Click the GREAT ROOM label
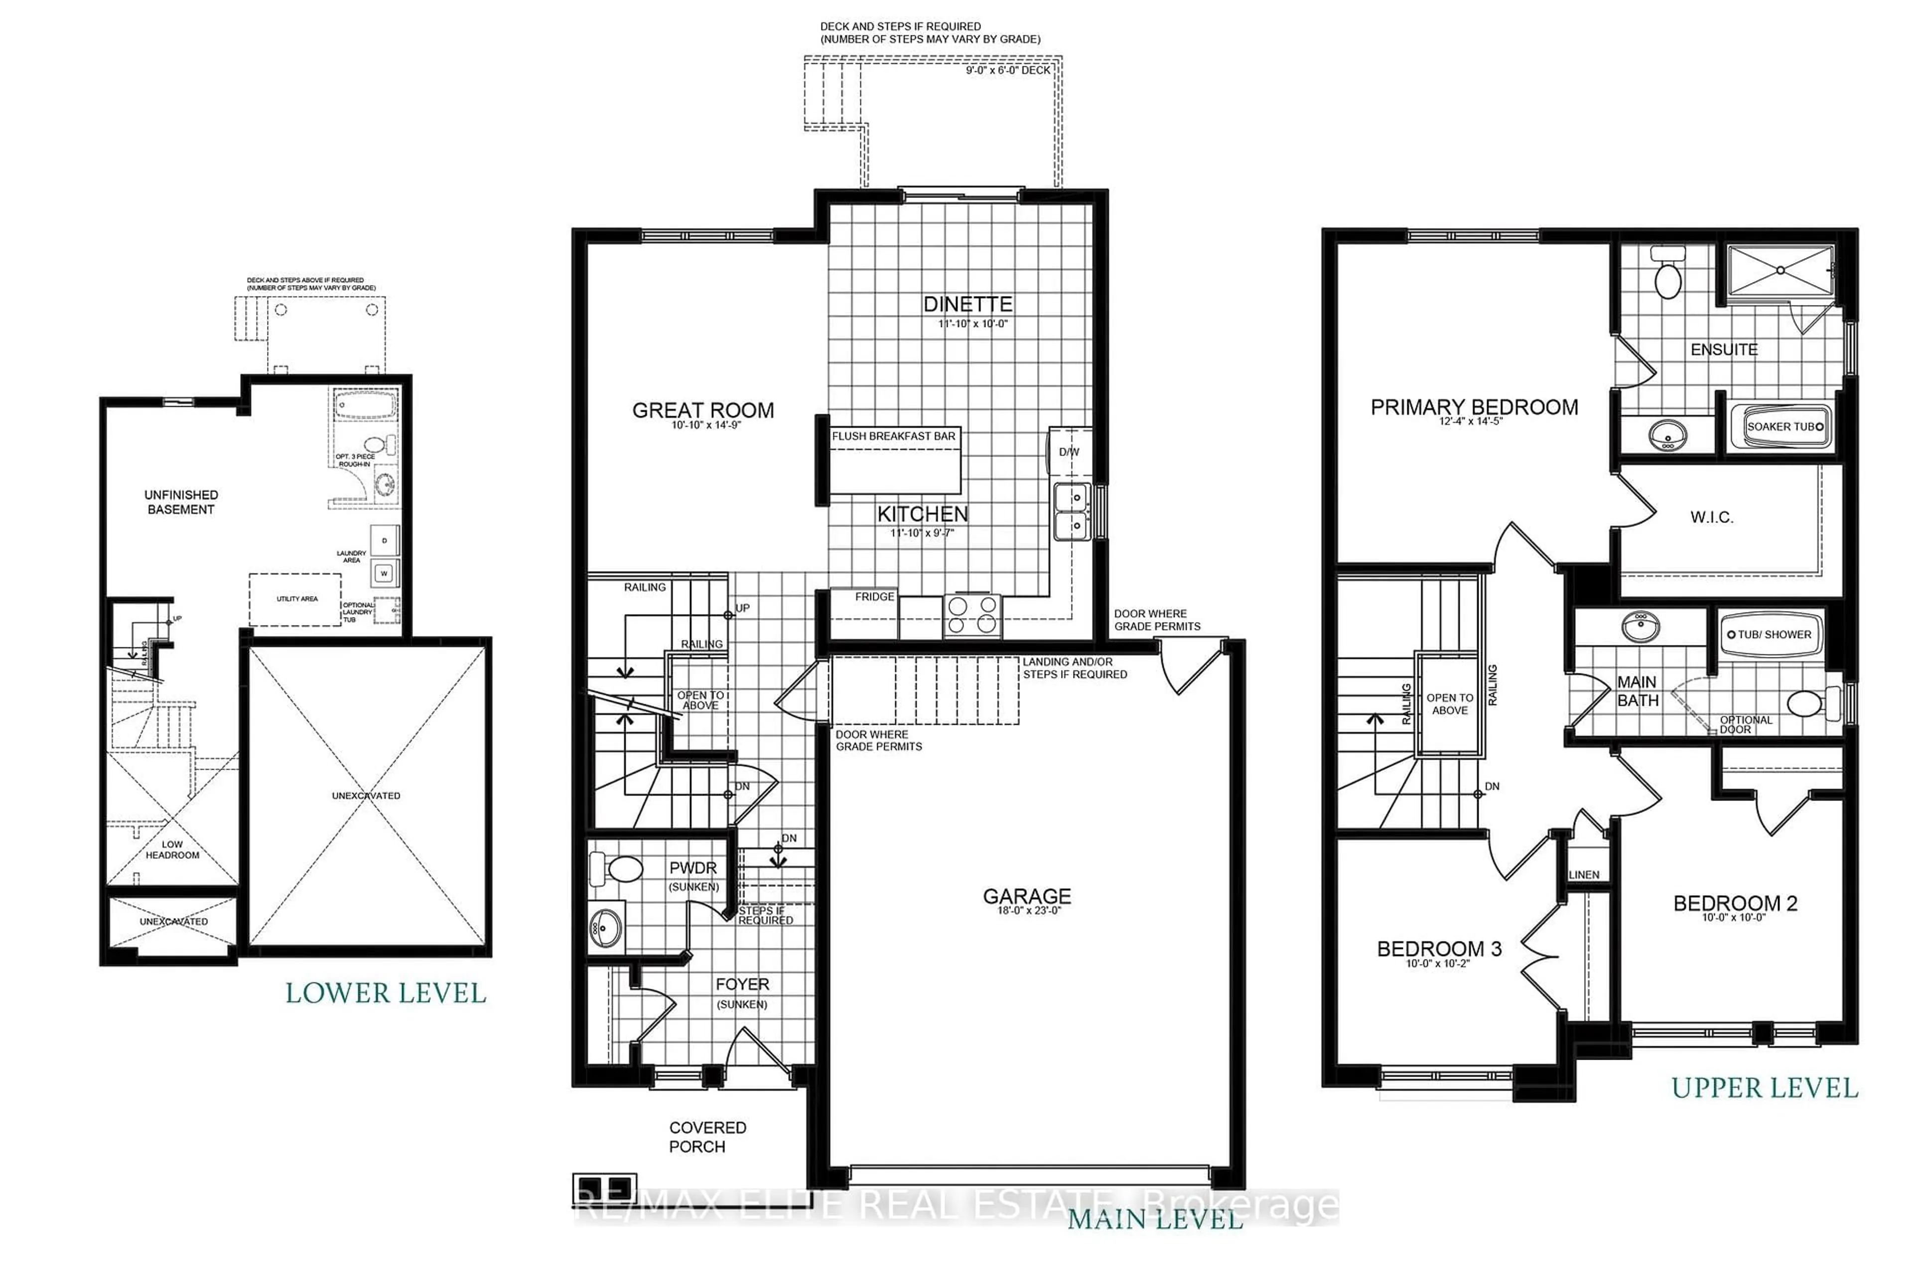tap(703, 410)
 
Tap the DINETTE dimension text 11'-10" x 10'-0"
tap(973, 324)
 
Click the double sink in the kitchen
tap(1073, 511)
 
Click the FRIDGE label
tap(874, 597)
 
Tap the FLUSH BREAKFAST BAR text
tap(893, 436)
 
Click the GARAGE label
tap(1026, 896)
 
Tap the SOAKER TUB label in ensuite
tap(1779, 427)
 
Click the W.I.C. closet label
tap(1711, 517)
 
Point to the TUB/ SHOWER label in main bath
tap(1773, 635)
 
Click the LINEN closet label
tap(1584, 875)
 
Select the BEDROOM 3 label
tap(1439, 949)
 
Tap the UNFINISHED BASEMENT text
tap(180, 502)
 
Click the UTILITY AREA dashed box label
tap(297, 599)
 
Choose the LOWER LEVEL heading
tap(386, 993)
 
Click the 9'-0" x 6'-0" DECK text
tap(1008, 71)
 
